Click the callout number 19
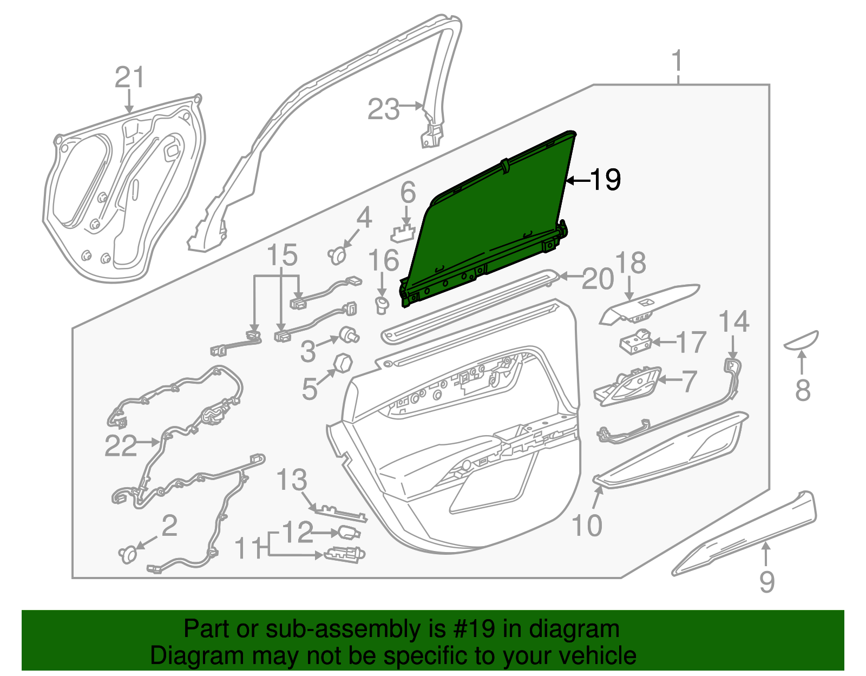pyautogui.click(x=605, y=180)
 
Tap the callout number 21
pyautogui.click(x=130, y=77)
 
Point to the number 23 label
pyautogui.click(x=383, y=109)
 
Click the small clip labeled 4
pyautogui.click(x=338, y=254)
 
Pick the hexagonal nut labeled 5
pyautogui.click(x=343, y=362)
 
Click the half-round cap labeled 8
pyautogui.click(x=802, y=340)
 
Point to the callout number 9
pyautogui.click(x=767, y=581)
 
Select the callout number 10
pyautogui.click(x=587, y=524)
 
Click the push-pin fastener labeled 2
pyautogui.click(x=128, y=554)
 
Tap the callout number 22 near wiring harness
pyautogui.click(x=121, y=445)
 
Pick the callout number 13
pyautogui.click(x=292, y=480)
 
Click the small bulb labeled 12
pyautogui.click(x=349, y=533)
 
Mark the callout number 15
pyautogui.click(x=282, y=255)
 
